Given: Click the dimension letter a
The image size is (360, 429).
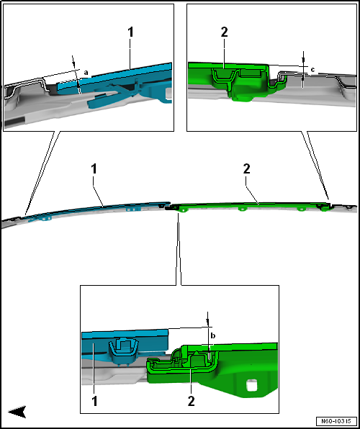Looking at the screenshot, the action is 86,73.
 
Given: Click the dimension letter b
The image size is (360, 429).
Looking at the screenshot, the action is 213,335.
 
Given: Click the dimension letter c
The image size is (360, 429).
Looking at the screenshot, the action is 312,70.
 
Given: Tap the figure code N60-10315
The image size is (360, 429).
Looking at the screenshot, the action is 336,420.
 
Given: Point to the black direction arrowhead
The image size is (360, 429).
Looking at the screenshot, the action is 17,411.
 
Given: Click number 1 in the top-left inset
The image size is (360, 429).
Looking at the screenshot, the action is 130,32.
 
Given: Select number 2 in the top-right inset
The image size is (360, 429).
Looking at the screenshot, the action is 224,32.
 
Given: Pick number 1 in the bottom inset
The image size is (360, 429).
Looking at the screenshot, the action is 94,402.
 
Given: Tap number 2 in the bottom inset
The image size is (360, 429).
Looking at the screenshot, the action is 191,402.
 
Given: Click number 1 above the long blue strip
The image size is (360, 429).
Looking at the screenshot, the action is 94,169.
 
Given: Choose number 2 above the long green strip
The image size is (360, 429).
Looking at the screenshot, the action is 246,169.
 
